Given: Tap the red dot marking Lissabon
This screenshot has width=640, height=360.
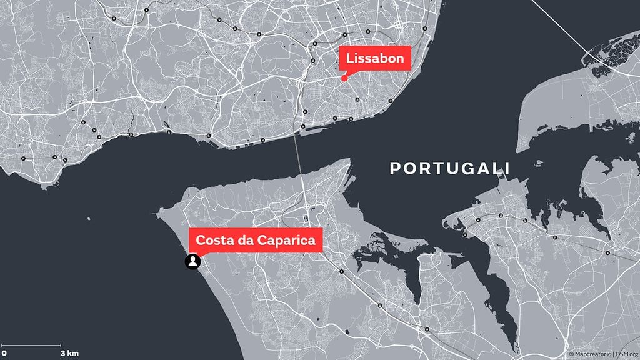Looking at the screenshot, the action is click(x=344, y=78).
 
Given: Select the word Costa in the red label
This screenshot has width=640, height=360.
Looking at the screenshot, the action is click(x=213, y=240).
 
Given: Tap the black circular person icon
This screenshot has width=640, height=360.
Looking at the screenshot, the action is click(x=192, y=262).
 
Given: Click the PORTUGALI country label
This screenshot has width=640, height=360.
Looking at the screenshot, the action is click(x=449, y=168).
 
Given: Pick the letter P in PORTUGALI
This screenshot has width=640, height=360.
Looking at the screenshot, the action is click(x=395, y=168).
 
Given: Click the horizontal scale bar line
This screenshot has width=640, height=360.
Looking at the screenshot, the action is click(x=31, y=345).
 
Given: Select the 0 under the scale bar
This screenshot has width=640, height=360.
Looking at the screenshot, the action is click(x=4, y=353).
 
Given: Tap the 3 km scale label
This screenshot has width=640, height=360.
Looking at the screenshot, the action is click(x=69, y=353).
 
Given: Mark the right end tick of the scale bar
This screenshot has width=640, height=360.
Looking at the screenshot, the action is click(x=61, y=345).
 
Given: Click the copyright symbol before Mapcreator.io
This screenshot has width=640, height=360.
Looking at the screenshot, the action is click(x=571, y=354).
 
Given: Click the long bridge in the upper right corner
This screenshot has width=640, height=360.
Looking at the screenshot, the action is click(x=581, y=37).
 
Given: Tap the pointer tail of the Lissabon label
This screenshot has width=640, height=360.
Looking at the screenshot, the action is click(x=346, y=73).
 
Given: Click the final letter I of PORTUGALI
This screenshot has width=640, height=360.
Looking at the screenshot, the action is click(x=507, y=168).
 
